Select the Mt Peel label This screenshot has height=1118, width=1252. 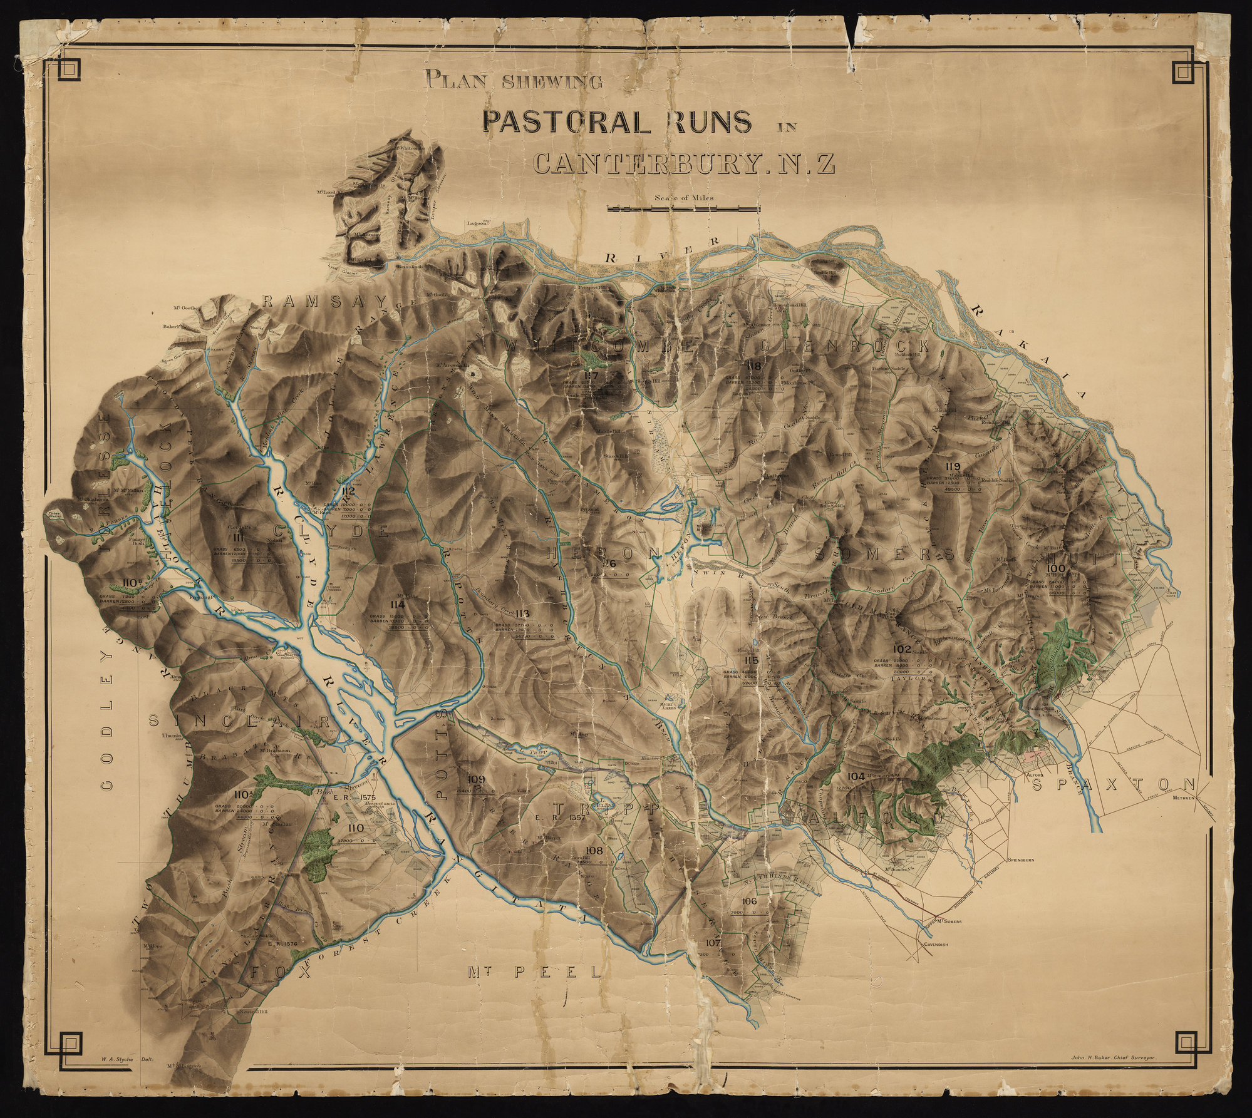[x=534, y=972]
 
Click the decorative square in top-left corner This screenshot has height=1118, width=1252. [x=68, y=69]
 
